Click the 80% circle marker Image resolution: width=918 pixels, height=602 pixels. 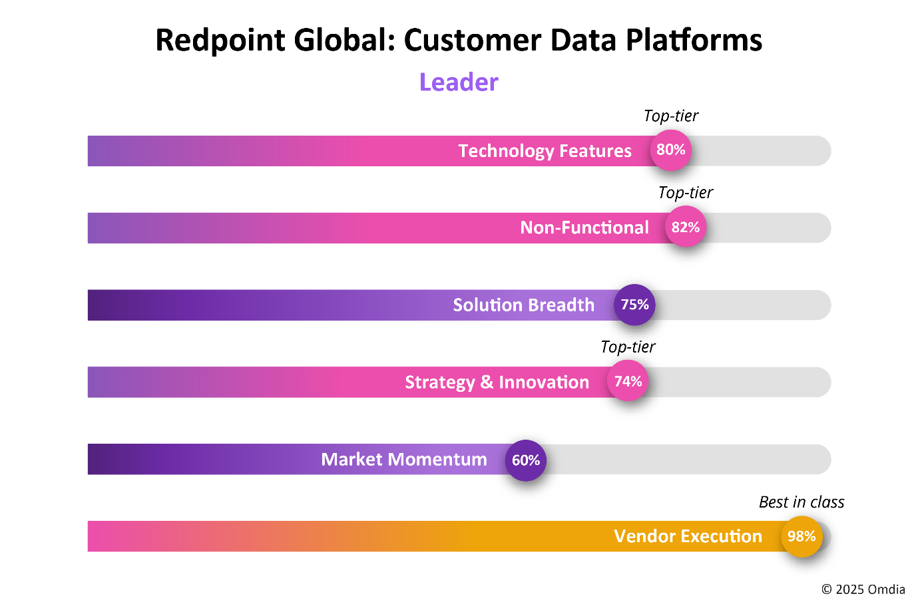[x=671, y=150]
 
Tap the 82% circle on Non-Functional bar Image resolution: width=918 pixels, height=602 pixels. [x=686, y=227]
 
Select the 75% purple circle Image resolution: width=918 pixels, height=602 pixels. [x=634, y=305]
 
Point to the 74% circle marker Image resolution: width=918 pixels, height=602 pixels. [x=628, y=381]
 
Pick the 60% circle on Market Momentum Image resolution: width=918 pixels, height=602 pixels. [x=526, y=460]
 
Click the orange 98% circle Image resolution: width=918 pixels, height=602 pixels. [x=802, y=536]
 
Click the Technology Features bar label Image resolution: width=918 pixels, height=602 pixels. [x=545, y=151]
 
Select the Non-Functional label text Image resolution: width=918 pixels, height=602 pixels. [x=584, y=227]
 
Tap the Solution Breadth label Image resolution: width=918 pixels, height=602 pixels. [x=523, y=305]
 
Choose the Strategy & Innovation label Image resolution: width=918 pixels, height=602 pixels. [x=497, y=382]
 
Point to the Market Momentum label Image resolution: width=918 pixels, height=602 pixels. [x=404, y=460]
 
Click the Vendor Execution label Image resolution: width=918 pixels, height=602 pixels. [x=688, y=536]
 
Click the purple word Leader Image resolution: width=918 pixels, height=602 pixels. [x=459, y=82]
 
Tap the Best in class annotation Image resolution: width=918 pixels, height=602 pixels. [x=802, y=502]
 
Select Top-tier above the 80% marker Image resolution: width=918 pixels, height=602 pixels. [x=671, y=116]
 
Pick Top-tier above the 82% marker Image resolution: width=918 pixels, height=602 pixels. [x=686, y=193]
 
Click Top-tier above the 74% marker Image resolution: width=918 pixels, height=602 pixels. [x=628, y=347]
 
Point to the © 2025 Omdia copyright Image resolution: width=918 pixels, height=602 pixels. [x=863, y=589]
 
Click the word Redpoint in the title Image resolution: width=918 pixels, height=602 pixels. [x=220, y=41]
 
